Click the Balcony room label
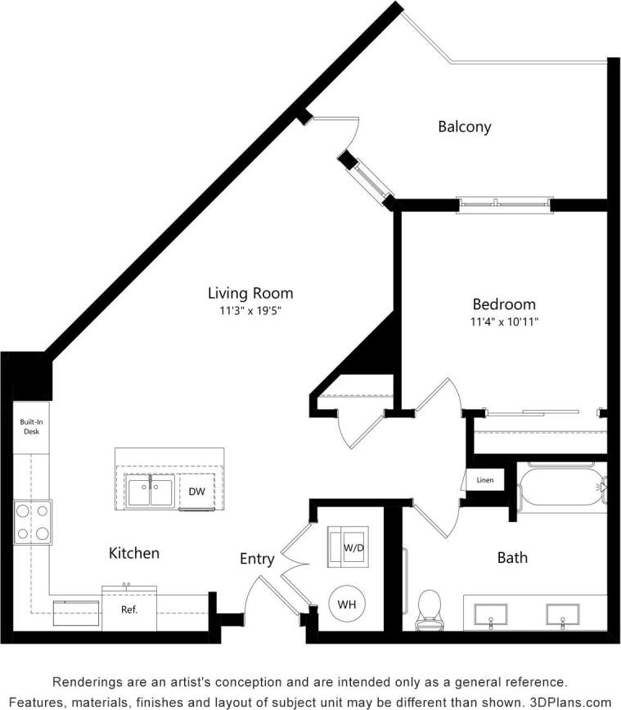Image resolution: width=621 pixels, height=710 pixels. click(464, 127)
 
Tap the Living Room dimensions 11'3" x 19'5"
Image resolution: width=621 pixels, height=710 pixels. click(250, 311)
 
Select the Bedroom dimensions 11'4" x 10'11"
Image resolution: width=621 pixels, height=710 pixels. click(497, 321)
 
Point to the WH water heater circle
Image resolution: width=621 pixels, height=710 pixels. click(347, 605)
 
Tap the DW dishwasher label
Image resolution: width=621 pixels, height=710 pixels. click(196, 492)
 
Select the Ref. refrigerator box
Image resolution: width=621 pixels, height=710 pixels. click(129, 609)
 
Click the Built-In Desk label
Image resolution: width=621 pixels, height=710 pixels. click(31, 426)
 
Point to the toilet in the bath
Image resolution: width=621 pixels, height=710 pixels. click(430, 610)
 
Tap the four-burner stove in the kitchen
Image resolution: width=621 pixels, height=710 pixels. click(32, 522)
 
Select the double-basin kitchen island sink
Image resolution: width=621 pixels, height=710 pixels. click(150, 492)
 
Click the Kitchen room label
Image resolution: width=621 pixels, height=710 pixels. click(134, 554)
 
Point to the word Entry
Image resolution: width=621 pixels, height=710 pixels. click(256, 559)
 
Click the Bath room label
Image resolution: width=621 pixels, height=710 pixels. click(512, 558)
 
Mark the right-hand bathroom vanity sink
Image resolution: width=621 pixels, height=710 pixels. click(563, 614)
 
